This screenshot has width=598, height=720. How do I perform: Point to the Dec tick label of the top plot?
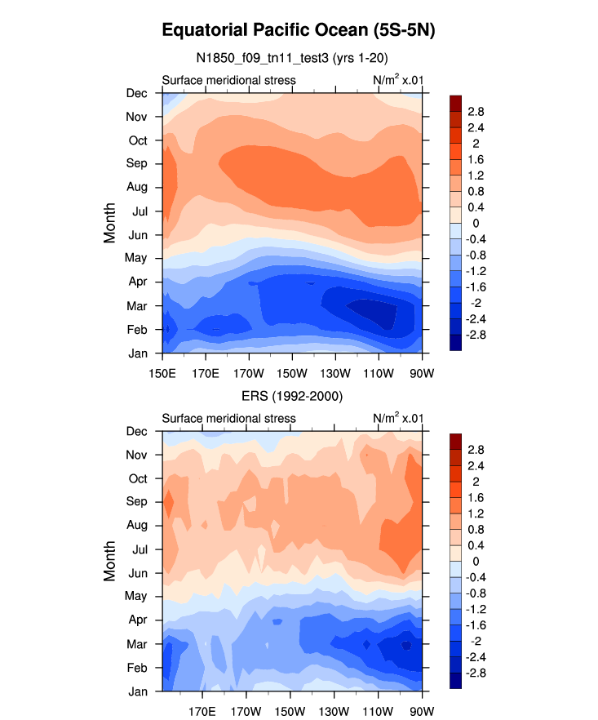136,93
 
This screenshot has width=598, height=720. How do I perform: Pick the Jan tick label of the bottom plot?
137,691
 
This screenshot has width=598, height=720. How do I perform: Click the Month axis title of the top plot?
110,222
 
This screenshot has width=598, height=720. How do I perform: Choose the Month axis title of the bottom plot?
110,560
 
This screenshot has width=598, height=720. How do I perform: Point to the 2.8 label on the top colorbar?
476,111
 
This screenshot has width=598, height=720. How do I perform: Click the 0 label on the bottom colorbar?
472,562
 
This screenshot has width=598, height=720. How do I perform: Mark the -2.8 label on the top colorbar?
477,335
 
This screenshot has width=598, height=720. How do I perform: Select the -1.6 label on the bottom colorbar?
477,625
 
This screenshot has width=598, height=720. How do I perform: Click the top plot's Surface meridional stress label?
228,80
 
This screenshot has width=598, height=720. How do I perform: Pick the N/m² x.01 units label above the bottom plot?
397,418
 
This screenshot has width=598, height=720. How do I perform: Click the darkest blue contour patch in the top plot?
371,311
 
